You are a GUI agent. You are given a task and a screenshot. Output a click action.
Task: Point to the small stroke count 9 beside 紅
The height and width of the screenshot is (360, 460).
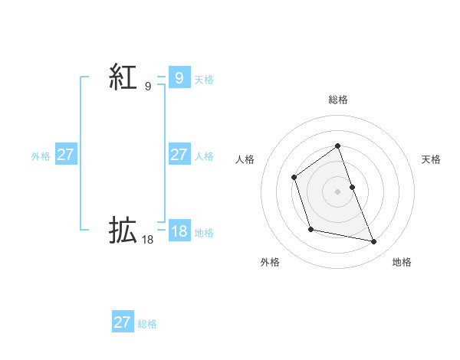coord(148,87)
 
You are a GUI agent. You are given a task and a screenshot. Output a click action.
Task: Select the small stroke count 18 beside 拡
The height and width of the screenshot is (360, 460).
coord(148,240)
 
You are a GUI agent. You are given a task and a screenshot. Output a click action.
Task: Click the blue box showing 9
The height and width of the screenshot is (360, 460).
coord(179,77)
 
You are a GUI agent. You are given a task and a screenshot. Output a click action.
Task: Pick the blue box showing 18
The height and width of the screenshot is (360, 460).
coord(179,231)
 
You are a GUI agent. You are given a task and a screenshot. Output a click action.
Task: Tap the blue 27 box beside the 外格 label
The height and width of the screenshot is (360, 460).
coord(65,155)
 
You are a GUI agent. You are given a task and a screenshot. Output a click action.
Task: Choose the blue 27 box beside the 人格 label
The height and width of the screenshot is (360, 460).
coord(179,155)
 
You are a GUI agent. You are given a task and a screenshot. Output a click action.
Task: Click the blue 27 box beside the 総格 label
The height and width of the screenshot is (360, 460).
coord(122,322)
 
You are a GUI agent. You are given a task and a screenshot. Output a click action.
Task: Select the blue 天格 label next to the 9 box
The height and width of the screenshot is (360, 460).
coord(204,79)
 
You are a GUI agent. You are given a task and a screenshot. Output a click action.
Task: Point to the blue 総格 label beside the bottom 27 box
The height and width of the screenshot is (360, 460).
coord(147,324)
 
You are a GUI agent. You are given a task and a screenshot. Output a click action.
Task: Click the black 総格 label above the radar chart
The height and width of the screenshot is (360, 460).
coord(338,100)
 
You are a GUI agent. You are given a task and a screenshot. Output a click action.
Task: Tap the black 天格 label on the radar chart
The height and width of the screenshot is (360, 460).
coord(431,159)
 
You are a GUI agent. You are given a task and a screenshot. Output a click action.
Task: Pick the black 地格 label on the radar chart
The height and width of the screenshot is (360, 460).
coord(402,262)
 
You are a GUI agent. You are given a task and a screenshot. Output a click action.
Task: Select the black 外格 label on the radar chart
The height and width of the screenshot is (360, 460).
coord(270,262)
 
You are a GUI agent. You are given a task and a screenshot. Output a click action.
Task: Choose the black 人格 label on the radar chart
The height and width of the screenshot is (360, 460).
coord(245,159)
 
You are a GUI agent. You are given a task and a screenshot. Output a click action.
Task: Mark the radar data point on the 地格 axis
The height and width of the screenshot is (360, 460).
coord(374,242)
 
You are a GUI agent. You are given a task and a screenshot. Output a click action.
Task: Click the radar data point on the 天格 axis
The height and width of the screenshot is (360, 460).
coord(352,187)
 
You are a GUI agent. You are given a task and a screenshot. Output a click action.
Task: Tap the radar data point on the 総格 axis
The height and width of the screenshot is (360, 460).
coord(337,146)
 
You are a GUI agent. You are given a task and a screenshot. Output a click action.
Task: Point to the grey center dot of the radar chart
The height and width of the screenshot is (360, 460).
coord(337,191)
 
